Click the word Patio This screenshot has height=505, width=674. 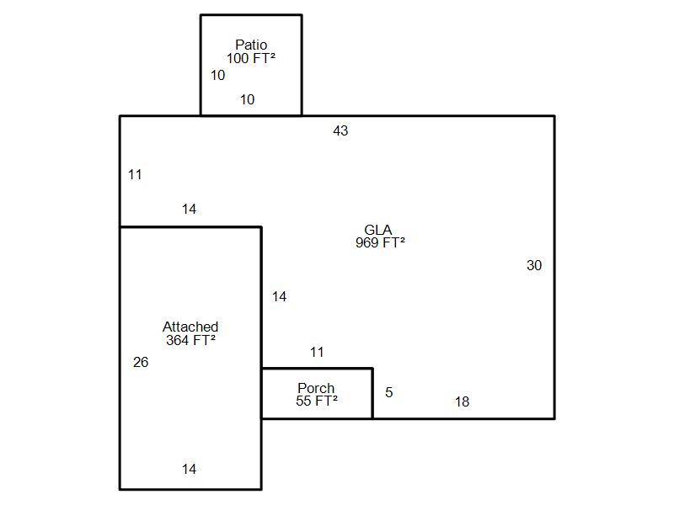coord(251,45)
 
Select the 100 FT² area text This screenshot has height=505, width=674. coord(251,58)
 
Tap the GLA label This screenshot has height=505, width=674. coord(377,230)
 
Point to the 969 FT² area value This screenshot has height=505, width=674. coord(380,242)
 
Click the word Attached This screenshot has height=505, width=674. coord(190,327)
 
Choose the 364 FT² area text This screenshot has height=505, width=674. coord(190,340)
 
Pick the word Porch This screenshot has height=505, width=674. coord(316,388)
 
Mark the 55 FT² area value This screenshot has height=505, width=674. coord(317,401)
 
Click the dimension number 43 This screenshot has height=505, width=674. coord(340,130)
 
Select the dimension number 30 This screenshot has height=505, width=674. coord(534,265)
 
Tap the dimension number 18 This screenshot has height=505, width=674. coord(462,402)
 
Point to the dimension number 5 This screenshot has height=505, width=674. coord(389,392)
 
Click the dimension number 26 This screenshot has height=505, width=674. coord(141,363)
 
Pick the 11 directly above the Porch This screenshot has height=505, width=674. coord(317,353)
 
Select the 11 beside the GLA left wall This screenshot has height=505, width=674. coord(135,175)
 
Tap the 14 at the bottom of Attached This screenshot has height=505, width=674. coord(189,469)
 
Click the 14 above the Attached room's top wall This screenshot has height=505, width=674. coord(189,209)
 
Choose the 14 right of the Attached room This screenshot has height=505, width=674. coord(280,296)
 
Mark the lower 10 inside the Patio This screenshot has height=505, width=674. coord(247,99)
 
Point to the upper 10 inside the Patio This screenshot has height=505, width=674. coord(218,75)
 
